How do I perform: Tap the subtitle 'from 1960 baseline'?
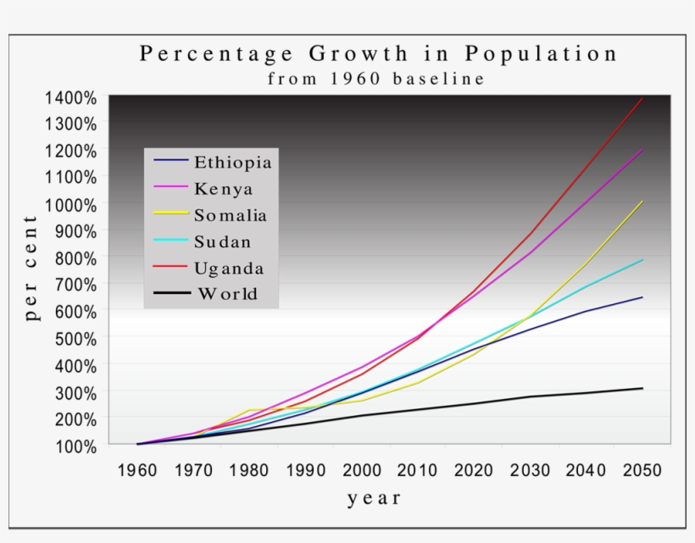(x=376, y=80)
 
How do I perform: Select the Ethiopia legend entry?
(x=232, y=162)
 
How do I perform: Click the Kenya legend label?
(x=223, y=188)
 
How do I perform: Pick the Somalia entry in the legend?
(x=230, y=215)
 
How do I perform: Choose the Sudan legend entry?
(x=222, y=242)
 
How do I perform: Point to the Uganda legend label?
(x=229, y=269)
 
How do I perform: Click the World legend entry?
(x=226, y=295)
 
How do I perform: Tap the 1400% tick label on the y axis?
(x=70, y=97)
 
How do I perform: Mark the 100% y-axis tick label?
(x=75, y=445)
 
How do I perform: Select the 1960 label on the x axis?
(x=136, y=470)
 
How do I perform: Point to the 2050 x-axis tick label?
(x=641, y=470)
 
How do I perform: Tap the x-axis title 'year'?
(x=374, y=499)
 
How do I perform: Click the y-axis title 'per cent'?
(x=31, y=269)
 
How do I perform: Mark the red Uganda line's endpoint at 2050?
(x=642, y=98)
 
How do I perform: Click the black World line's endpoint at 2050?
(x=642, y=388)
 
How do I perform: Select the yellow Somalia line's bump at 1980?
(x=250, y=409)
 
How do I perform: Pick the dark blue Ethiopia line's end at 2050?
(x=642, y=297)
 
